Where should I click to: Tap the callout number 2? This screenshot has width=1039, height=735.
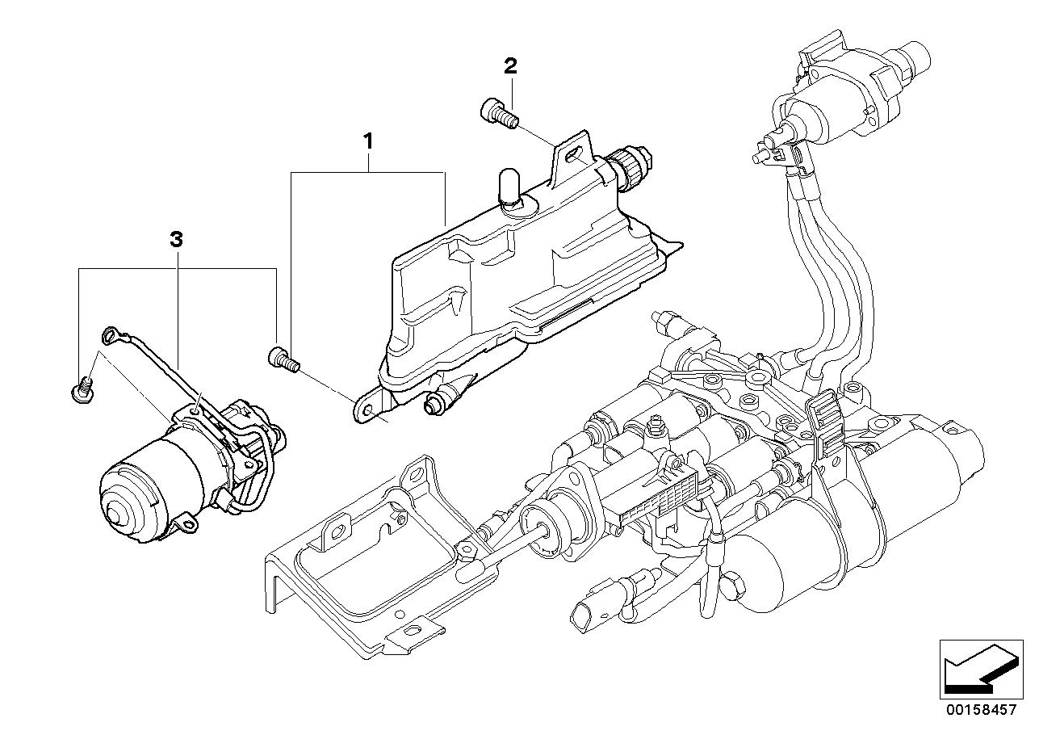tap(509, 66)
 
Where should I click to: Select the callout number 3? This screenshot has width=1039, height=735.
tap(176, 239)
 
